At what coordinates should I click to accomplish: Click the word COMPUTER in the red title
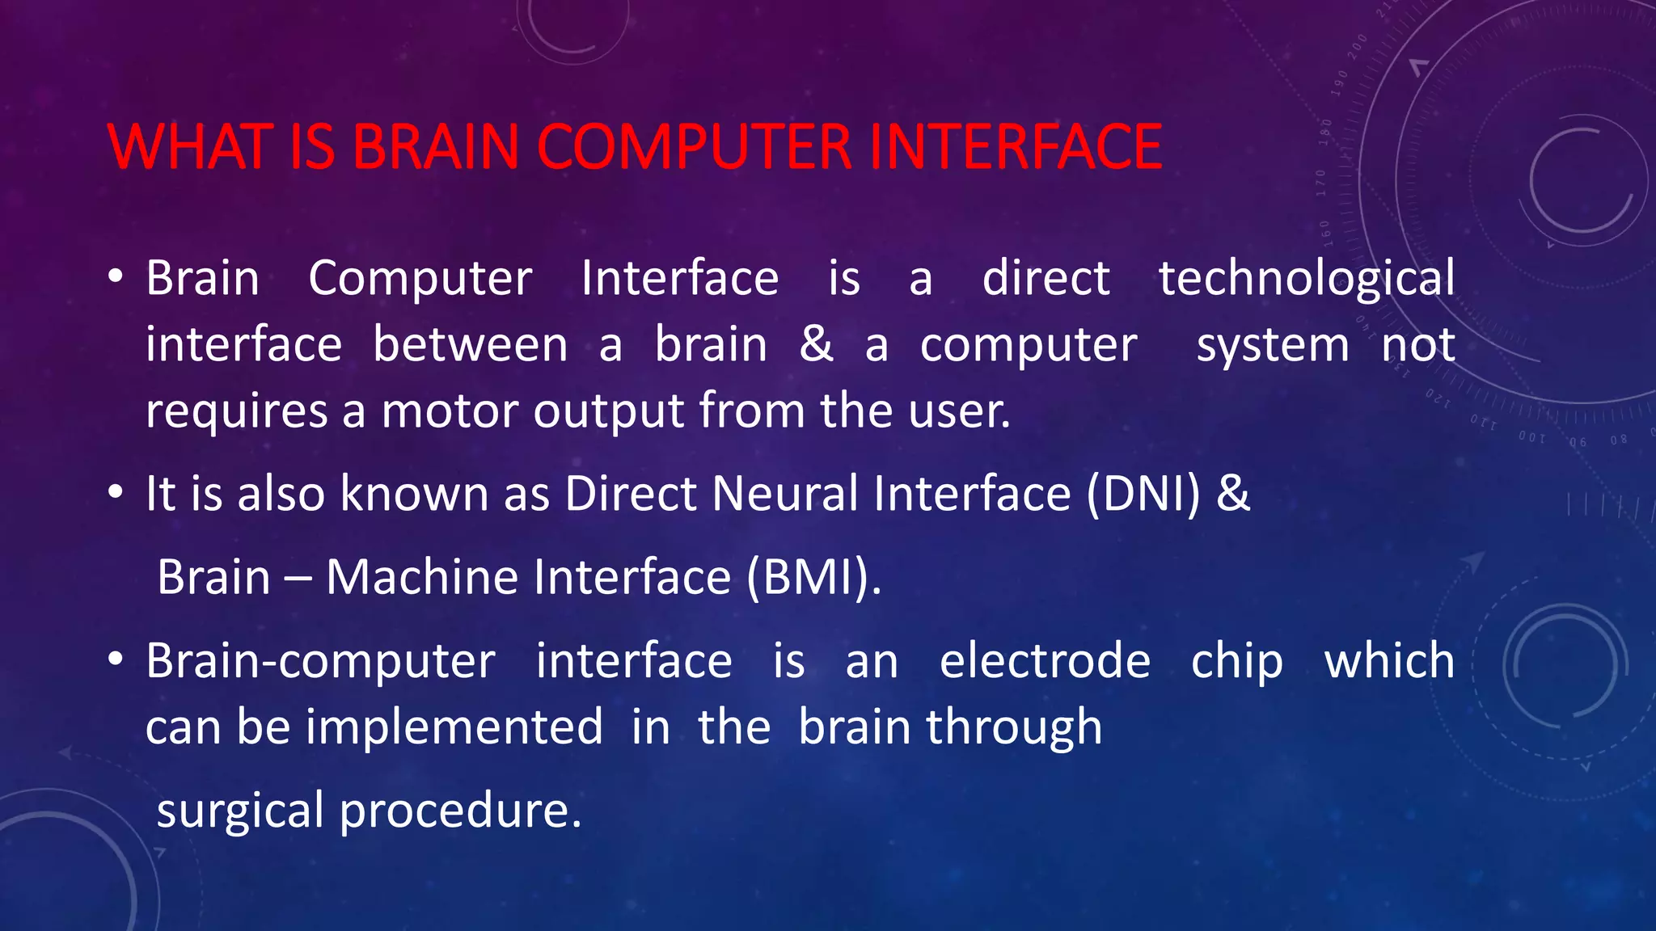click(694, 147)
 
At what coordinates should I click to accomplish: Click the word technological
click(1307, 280)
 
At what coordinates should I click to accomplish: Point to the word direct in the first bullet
click(1046, 278)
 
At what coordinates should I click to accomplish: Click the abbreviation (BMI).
click(813, 577)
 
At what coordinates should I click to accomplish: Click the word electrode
click(1045, 660)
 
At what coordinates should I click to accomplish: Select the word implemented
click(454, 727)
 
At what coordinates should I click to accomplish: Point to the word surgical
click(240, 811)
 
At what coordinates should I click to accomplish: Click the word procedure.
click(459, 811)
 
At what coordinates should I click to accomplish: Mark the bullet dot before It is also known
click(116, 491)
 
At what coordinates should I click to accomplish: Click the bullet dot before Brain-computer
click(116, 659)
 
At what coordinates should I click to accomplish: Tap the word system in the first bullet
click(1273, 346)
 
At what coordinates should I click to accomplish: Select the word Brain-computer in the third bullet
click(320, 662)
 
